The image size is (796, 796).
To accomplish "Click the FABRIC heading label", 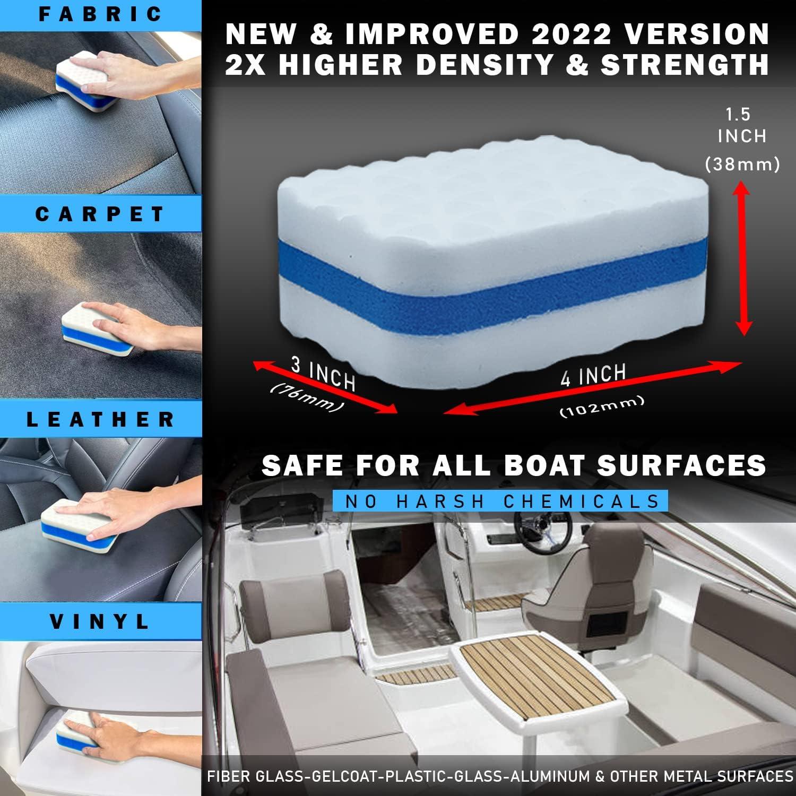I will click(101, 14).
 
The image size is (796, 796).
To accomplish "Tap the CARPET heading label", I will click(101, 214).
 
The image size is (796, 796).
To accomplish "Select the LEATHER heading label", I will click(101, 419).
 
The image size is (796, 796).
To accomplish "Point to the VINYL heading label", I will click(101, 621).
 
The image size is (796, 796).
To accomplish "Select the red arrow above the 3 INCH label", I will click(325, 386).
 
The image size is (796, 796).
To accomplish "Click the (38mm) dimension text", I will click(742, 165).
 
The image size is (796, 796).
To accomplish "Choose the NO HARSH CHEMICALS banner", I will click(500, 501).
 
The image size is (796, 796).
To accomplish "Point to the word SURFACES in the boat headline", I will click(681, 465).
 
